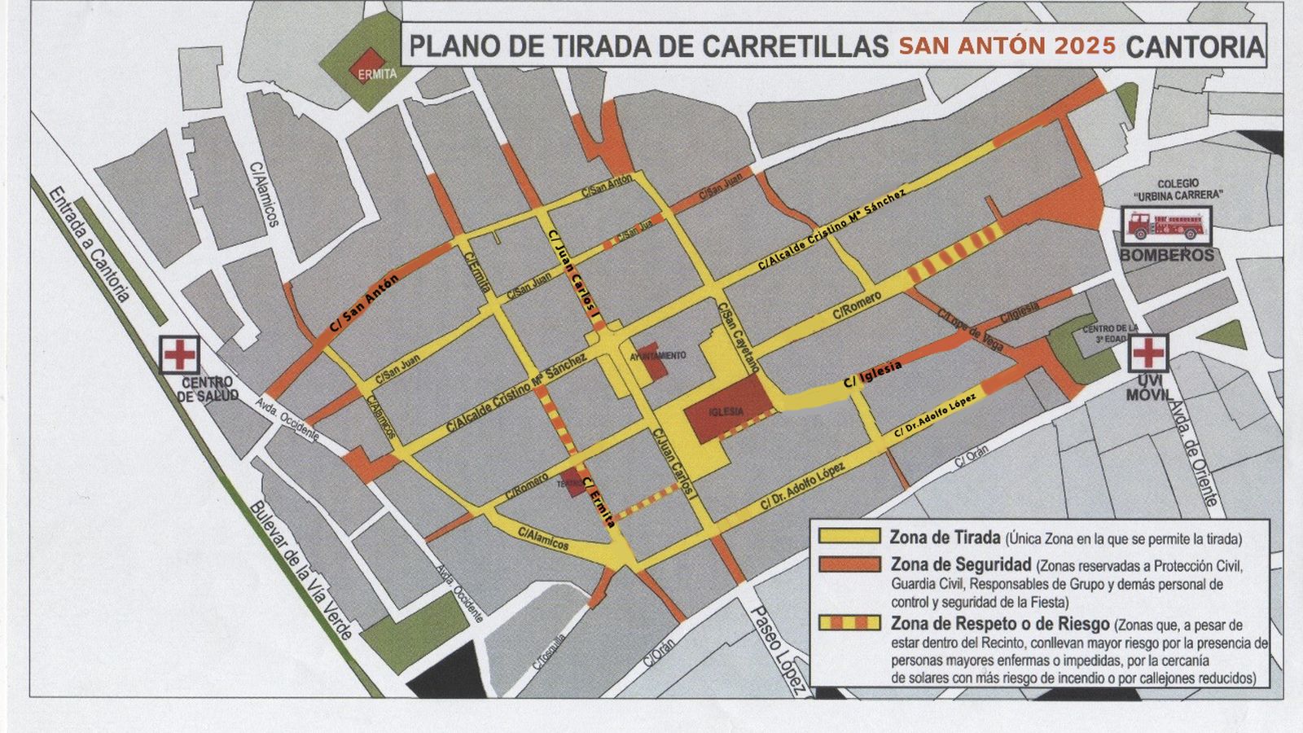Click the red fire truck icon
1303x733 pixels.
(x=1166, y=225)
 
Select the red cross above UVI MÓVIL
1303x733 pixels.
(x=1148, y=352)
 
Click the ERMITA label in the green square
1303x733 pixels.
(x=377, y=73)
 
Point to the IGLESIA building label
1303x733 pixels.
(x=726, y=412)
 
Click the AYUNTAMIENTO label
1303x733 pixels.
(x=658, y=356)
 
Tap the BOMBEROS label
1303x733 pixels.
(x=1166, y=256)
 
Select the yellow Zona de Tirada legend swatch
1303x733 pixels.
(x=849, y=537)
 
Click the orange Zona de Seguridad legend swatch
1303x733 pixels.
(x=849, y=564)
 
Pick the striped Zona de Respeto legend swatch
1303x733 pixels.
(x=849, y=623)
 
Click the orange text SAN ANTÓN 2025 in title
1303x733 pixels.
(x=1007, y=46)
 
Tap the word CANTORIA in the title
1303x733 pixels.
(x=1194, y=46)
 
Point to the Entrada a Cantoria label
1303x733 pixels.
(x=89, y=244)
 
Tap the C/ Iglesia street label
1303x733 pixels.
(x=872, y=374)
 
